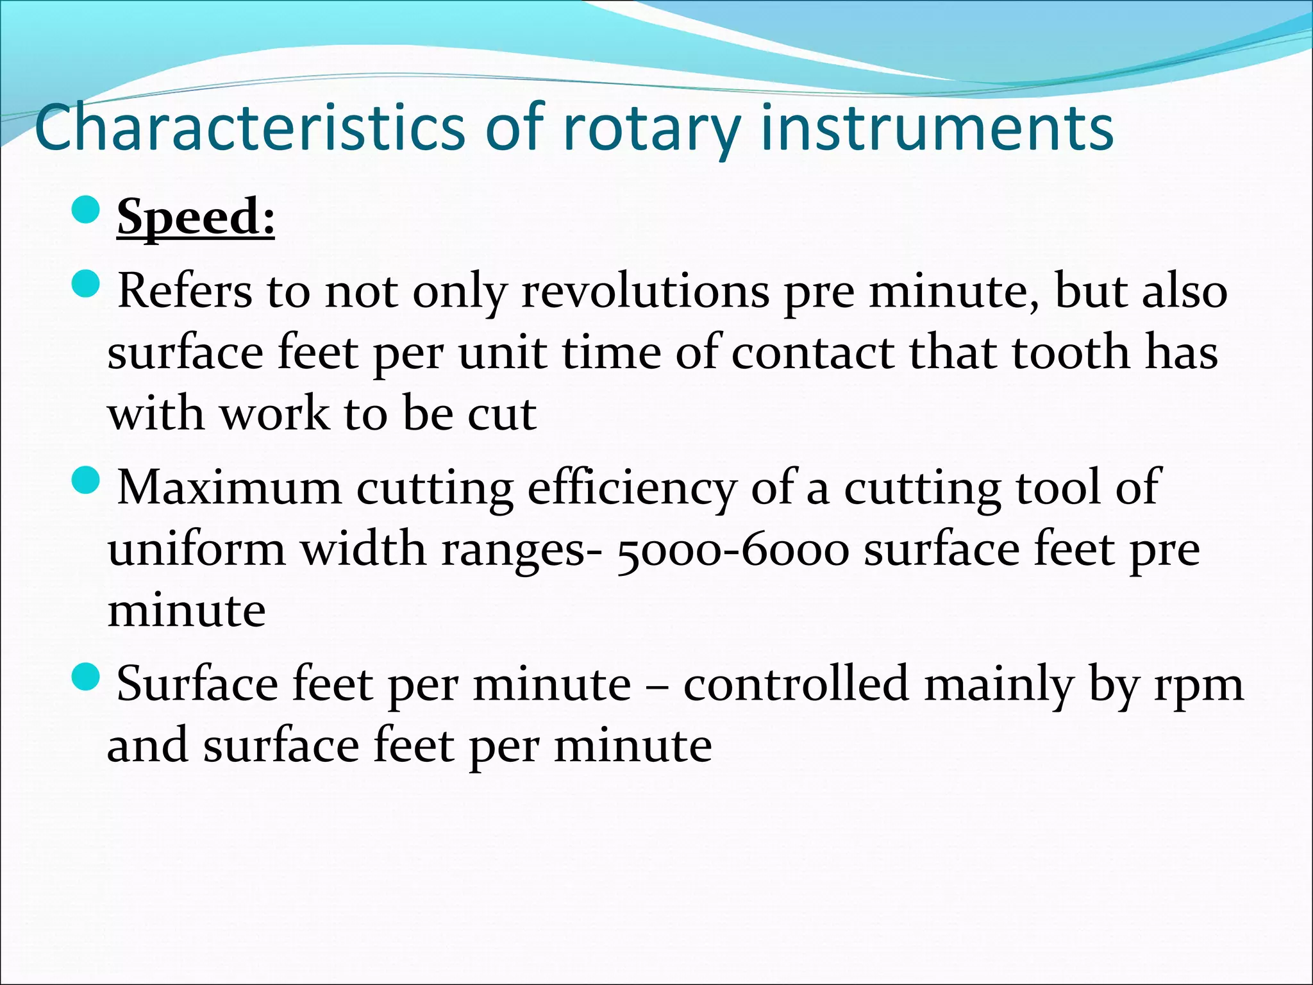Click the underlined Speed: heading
pyautogui.click(x=196, y=218)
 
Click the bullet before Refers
pyautogui.click(x=85, y=283)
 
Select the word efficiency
pyautogui.click(x=631, y=489)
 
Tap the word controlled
pyautogui.click(x=796, y=684)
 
